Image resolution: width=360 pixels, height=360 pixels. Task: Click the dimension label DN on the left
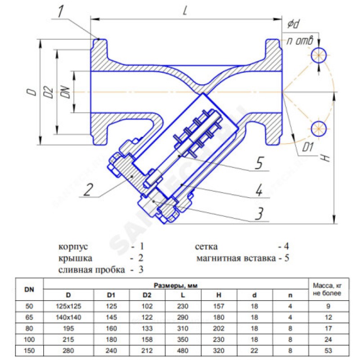(x=65, y=92)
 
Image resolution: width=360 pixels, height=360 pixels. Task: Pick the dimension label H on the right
(x=325, y=158)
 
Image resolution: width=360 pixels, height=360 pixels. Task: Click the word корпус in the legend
(x=73, y=247)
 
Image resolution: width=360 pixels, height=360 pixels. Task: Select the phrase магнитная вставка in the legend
(x=235, y=259)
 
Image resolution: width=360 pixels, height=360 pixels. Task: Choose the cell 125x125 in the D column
(x=68, y=306)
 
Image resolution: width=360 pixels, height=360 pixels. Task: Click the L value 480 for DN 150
(x=183, y=350)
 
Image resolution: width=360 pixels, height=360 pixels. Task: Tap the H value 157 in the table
(x=218, y=306)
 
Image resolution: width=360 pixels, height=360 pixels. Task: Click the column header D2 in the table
(x=147, y=296)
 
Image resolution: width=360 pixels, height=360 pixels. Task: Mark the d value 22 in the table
(x=254, y=350)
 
